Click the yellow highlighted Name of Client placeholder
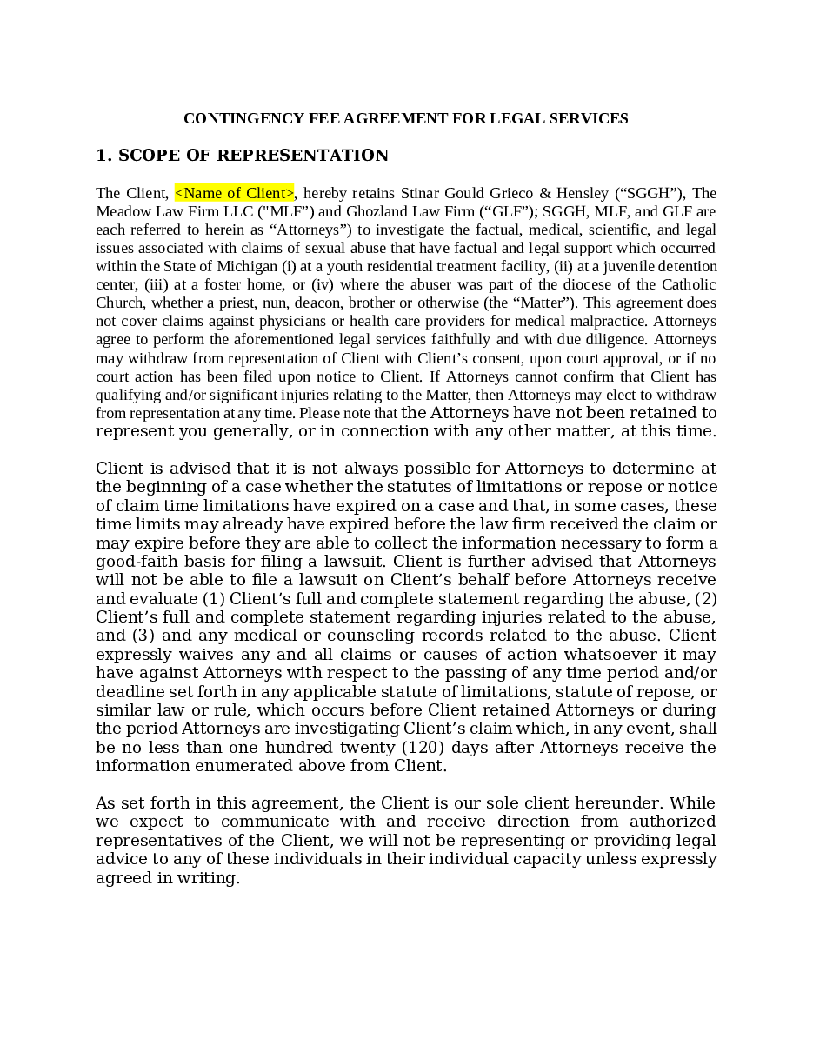235,193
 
